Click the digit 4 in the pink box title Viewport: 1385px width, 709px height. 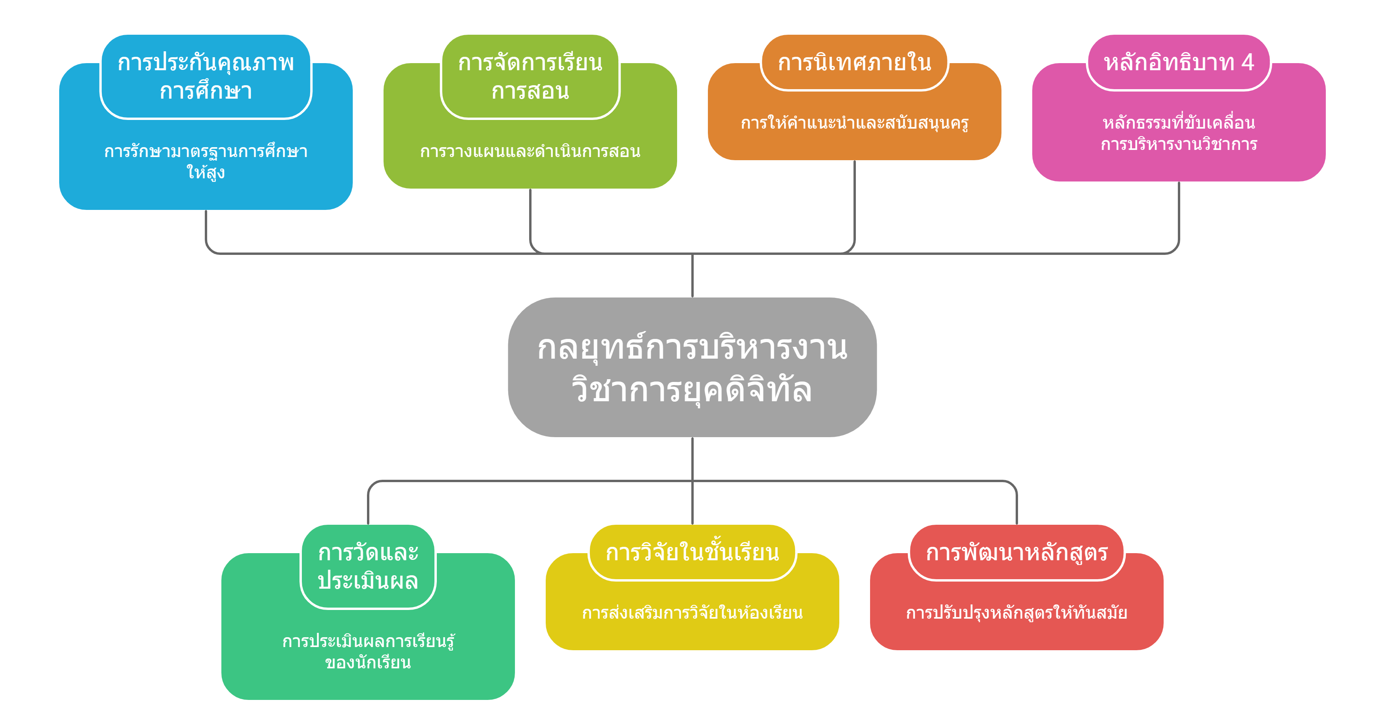coord(1247,62)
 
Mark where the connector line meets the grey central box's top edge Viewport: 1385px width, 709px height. coord(692,297)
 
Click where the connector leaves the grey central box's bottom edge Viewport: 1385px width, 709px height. coord(692,437)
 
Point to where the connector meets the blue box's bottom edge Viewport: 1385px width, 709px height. coord(206,210)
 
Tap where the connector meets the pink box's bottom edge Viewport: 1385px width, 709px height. coord(1179,181)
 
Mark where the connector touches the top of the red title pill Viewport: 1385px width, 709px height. coord(1017,525)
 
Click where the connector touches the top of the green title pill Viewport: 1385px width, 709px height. coord(368,525)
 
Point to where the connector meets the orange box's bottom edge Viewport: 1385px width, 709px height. coord(854,160)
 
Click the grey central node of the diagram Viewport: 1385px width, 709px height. coord(692,367)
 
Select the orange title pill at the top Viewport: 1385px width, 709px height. coord(854,62)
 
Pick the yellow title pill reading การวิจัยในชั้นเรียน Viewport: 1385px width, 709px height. coord(692,553)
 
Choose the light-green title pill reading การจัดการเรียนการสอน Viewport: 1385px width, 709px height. coord(530,77)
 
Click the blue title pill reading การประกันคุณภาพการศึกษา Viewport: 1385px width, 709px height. coord(206,77)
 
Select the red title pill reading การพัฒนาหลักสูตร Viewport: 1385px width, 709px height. coord(1017,553)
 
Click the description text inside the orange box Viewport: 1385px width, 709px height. coord(854,123)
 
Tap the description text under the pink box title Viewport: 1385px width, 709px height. coord(1179,133)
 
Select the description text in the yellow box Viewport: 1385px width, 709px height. coord(692,613)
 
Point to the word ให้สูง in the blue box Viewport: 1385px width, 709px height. coord(206,172)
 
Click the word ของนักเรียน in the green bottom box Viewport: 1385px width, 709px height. coord(368,662)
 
